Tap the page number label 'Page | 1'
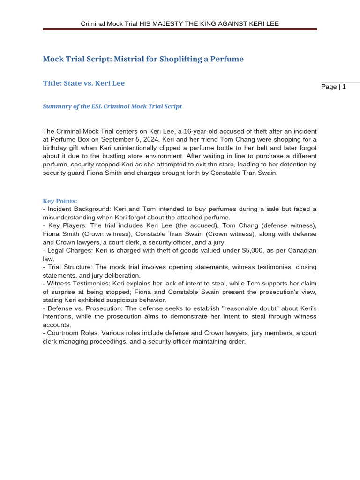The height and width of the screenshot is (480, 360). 333,87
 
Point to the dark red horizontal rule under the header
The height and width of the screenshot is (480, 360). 180,29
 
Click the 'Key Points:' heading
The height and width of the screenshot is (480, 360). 60,201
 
